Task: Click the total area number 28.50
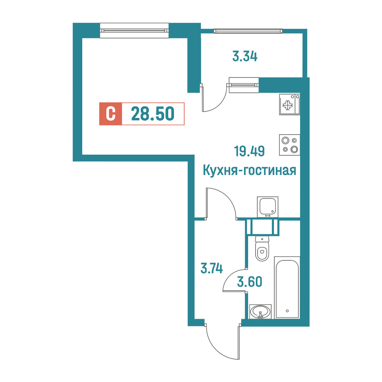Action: click(x=153, y=114)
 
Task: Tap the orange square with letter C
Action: click(x=110, y=114)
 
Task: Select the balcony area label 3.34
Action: click(x=245, y=56)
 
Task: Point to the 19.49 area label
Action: click(x=249, y=151)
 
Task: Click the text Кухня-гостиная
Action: click(x=249, y=170)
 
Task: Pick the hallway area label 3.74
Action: click(x=211, y=268)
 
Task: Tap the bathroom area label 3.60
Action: click(x=250, y=282)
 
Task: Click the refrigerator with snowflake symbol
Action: click(x=290, y=105)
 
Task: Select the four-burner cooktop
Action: click(x=290, y=145)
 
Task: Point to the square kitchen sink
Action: click(x=267, y=207)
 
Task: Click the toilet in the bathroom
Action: click(x=262, y=248)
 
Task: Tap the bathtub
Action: click(x=287, y=288)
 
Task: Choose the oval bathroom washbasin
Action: click(x=260, y=311)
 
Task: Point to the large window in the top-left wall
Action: click(x=134, y=31)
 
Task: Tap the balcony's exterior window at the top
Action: click(x=248, y=31)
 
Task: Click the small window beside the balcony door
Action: click(x=244, y=85)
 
